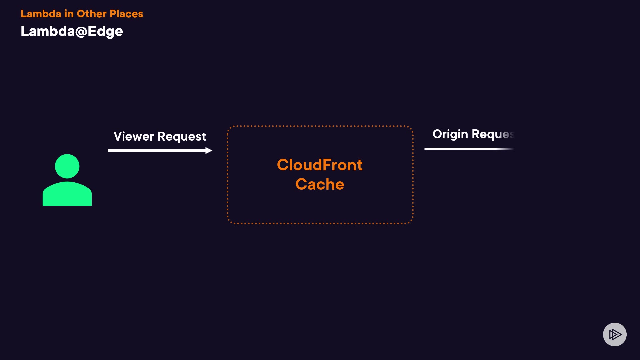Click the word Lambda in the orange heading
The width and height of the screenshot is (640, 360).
pos(41,14)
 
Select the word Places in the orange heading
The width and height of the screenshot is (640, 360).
pos(126,14)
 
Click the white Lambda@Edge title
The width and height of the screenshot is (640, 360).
pos(72,31)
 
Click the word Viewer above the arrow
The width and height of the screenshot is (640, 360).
pos(134,136)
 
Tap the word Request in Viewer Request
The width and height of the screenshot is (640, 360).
pos(182,137)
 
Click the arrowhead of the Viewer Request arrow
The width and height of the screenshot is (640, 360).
pos(209,151)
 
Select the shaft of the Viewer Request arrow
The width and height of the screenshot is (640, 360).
pos(157,151)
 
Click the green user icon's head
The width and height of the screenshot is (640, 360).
pos(67,166)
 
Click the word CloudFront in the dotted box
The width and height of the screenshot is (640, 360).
pos(320,165)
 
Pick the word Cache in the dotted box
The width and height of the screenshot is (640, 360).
pos(320,184)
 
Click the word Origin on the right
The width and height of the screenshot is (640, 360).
pos(450,134)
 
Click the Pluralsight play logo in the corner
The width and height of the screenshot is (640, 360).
pos(615,334)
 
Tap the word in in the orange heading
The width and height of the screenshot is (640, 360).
pos(69,14)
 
